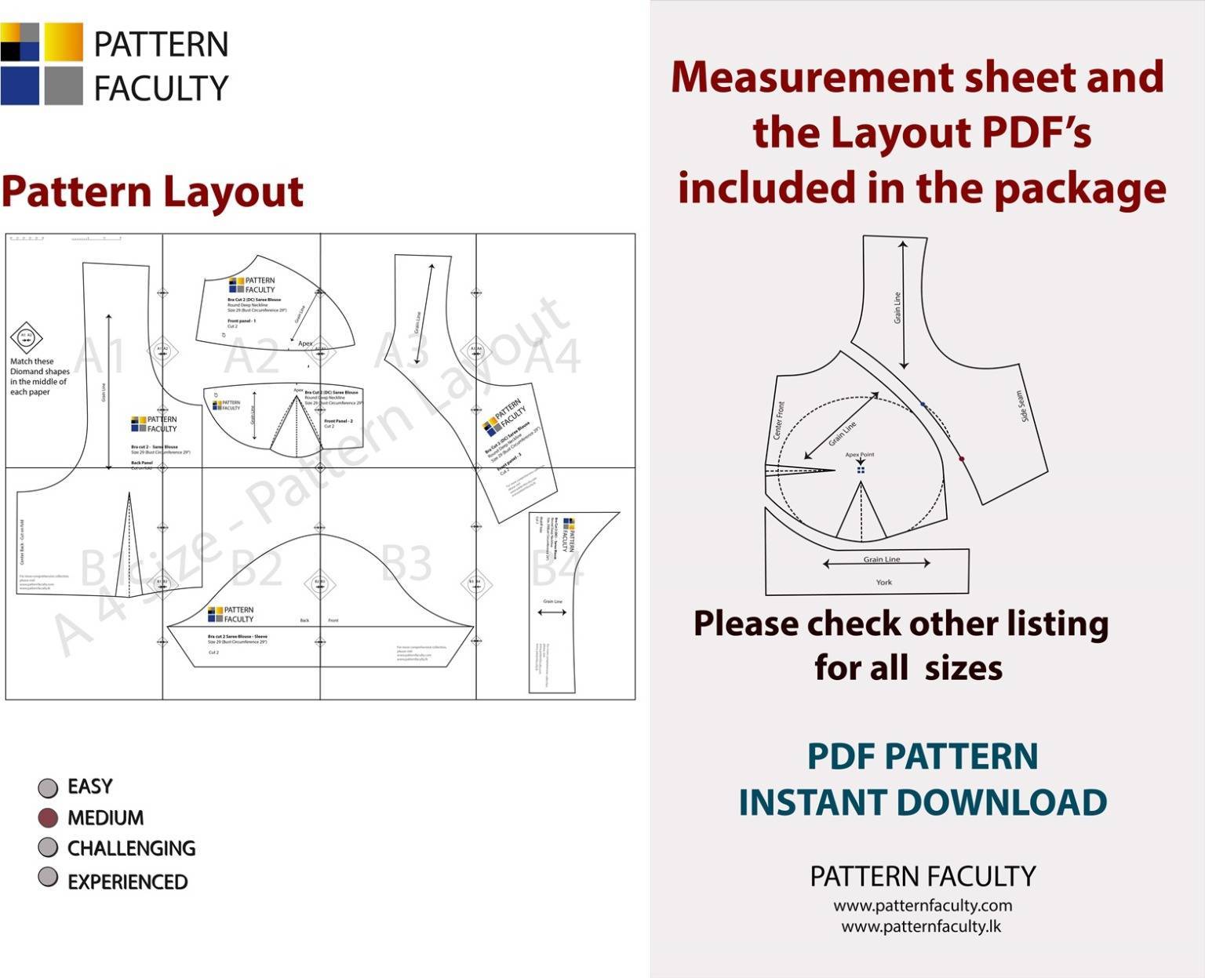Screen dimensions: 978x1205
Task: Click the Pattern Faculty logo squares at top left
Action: pyautogui.click(x=42, y=64)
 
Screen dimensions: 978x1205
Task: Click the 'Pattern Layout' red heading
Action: pyautogui.click(x=152, y=192)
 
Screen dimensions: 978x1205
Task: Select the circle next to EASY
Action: pyautogui.click(x=48, y=787)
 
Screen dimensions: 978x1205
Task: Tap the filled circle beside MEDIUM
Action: pyautogui.click(x=48, y=818)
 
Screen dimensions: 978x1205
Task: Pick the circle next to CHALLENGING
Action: pyautogui.click(x=48, y=848)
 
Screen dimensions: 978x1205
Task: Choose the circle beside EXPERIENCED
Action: pyautogui.click(x=48, y=878)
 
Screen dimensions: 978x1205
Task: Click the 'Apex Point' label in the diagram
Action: pyautogui.click(x=860, y=455)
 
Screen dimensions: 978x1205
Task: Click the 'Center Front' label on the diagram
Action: pyautogui.click(x=779, y=420)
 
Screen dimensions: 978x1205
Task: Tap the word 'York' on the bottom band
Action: pyautogui.click(x=883, y=582)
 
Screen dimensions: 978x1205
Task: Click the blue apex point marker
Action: pyautogui.click(x=861, y=470)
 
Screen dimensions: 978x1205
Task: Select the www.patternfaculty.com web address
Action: pyautogui.click(x=923, y=905)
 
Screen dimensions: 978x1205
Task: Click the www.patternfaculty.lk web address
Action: pyautogui.click(x=921, y=926)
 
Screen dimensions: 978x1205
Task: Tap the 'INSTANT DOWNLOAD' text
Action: pyautogui.click(x=923, y=802)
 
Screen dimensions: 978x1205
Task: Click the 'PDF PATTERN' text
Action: pyautogui.click(x=923, y=756)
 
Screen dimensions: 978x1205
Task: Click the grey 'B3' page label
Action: pyautogui.click(x=406, y=563)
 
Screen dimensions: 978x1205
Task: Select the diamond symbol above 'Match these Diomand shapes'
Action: pyautogui.click(x=26, y=337)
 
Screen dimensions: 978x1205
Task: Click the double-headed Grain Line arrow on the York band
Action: pyautogui.click(x=876, y=563)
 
